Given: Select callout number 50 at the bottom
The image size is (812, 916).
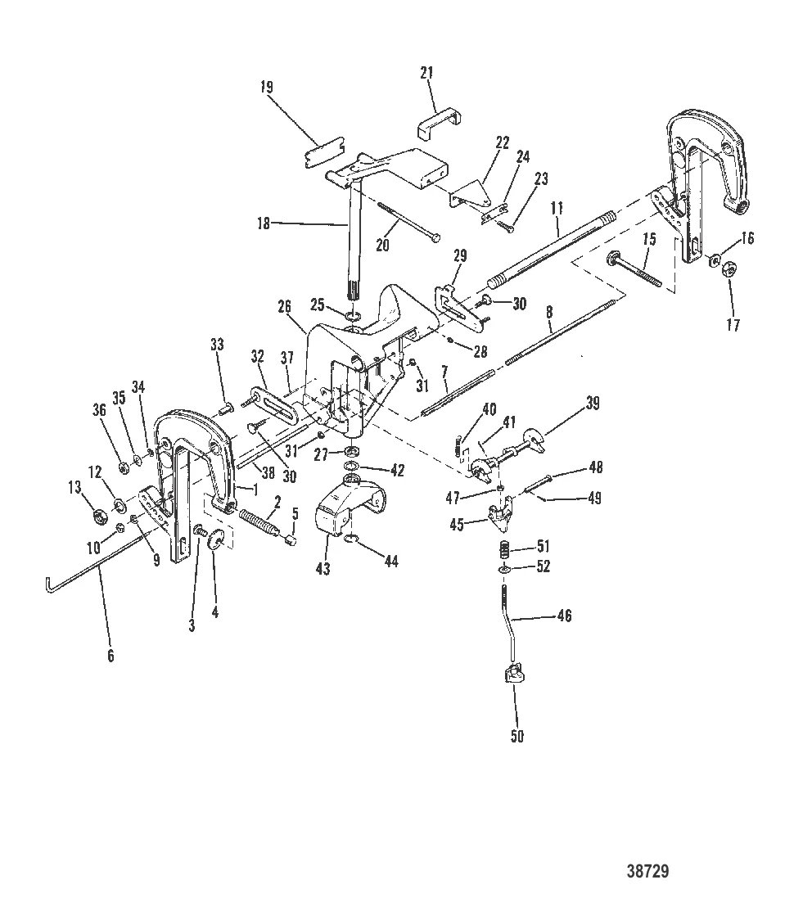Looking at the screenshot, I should point(517,737).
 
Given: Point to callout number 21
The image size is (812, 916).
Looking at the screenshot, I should point(426,74).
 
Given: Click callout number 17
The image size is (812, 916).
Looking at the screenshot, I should point(733,325).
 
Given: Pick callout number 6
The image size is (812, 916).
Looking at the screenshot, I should point(111,655).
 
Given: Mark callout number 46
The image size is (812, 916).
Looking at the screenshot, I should point(587,616).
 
